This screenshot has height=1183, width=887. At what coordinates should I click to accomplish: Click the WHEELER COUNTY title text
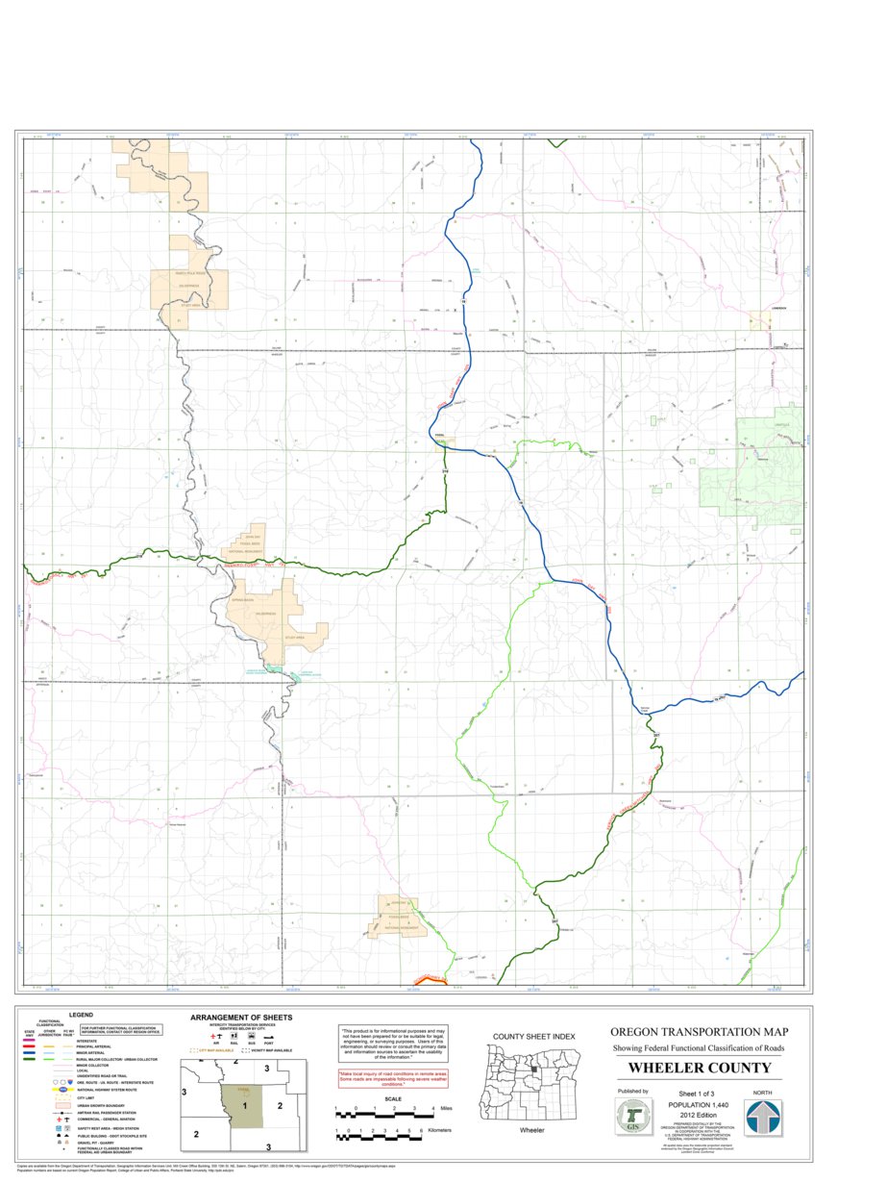tap(700, 1069)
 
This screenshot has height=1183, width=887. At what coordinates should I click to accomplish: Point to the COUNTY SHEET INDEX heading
tap(533, 1036)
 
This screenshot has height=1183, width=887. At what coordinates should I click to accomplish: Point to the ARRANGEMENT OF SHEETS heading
tap(241, 1017)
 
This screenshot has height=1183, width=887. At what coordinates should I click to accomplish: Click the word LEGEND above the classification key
tap(81, 1015)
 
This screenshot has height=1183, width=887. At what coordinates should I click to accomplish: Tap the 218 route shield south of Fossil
tap(445, 471)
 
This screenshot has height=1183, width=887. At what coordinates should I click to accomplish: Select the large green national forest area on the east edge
tap(769, 471)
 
